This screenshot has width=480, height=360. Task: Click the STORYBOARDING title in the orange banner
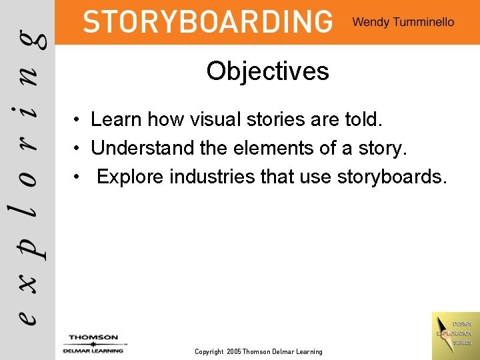(207, 21)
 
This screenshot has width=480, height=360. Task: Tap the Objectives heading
(267, 71)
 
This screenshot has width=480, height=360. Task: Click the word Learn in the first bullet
(116, 119)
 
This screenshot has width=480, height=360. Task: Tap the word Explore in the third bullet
(130, 177)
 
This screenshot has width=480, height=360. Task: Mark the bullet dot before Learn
(78, 120)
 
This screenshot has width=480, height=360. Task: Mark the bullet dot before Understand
(78, 149)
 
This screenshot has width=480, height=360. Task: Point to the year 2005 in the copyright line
(233, 351)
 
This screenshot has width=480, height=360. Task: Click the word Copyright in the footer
(209, 351)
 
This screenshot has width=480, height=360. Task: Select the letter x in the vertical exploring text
(28, 283)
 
